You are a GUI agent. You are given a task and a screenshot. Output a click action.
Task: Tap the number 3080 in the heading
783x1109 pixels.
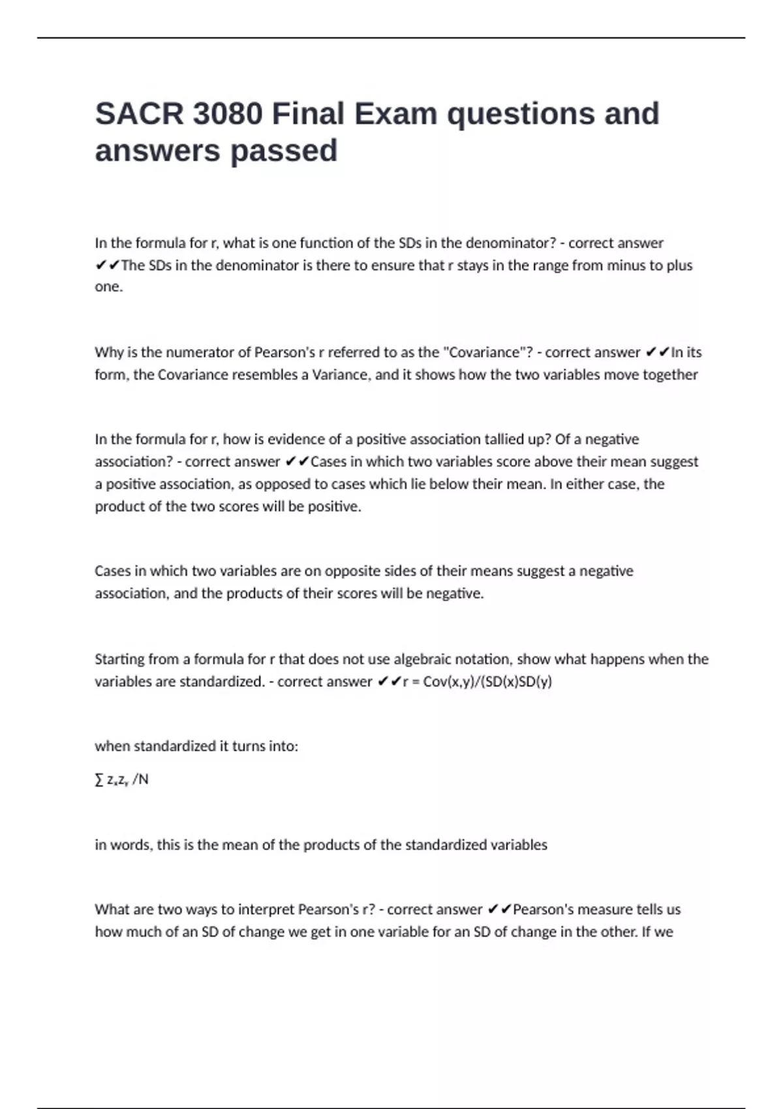(x=228, y=114)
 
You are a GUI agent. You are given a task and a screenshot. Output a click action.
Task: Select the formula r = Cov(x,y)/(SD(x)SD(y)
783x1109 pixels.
(x=478, y=682)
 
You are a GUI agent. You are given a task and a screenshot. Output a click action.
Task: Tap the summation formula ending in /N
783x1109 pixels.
(x=122, y=780)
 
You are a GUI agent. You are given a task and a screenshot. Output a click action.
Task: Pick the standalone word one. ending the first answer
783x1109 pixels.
(x=109, y=287)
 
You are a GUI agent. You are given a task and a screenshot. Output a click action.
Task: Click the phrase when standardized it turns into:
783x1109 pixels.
(x=196, y=746)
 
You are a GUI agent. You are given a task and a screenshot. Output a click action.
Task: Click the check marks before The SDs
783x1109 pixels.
(x=107, y=266)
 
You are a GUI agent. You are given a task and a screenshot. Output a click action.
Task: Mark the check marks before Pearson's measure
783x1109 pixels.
(x=499, y=909)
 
